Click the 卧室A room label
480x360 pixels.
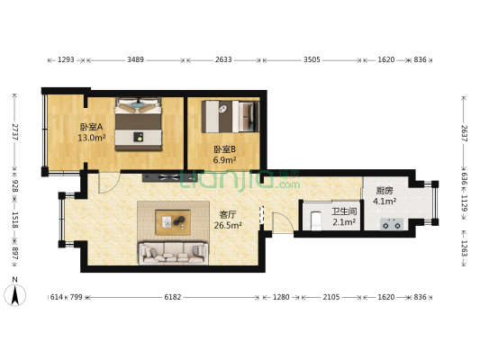tap(91, 127)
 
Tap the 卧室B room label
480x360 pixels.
tap(224, 149)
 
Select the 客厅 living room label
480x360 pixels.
tap(228, 214)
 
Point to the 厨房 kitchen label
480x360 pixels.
tap(385, 191)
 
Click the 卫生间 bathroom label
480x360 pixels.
tap(344, 211)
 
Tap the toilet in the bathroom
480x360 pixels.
tap(316, 220)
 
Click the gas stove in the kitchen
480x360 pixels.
tap(392, 224)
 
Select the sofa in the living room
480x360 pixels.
tap(173, 253)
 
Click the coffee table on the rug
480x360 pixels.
tap(173, 222)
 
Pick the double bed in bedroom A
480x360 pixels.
tap(138, 124)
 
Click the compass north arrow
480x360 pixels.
tap(14, 295)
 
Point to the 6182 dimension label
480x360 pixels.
tap(173, 297)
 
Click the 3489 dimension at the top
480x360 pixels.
tap(136, 59)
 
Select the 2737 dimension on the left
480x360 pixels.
tap(14, 132)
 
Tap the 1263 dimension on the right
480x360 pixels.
tap(464, 248)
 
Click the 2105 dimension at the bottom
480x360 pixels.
tap(331, 297)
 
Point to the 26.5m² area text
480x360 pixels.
tap(228, 225)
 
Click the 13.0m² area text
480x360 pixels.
tap(92, 138)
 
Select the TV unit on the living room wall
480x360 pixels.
tap(169, 177)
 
